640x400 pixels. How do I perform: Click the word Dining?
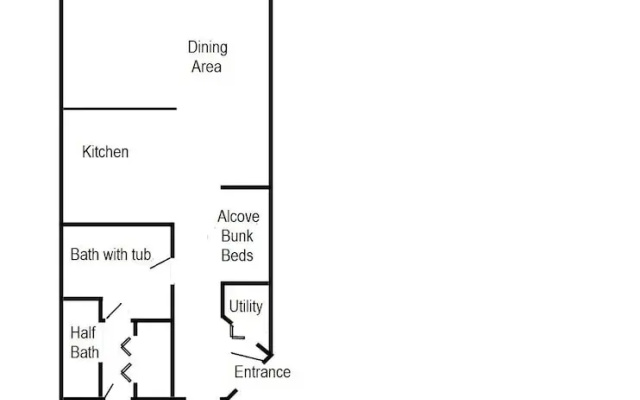click(207, 48)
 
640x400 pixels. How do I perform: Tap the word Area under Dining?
click(207, 67)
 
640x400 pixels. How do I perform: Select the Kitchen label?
click(105, 152)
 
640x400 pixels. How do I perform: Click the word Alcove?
click(238, 216)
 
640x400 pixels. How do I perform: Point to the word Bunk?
click(237, 236)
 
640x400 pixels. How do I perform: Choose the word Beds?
click(237, 256)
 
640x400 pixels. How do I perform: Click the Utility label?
click(246, 307)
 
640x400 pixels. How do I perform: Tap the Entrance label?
click(262, 372)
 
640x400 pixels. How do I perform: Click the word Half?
click(83, 333)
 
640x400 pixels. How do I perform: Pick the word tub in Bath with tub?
click(141, 255)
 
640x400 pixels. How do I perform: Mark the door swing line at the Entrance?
click(247, 357)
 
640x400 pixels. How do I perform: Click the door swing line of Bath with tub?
click(160, 263)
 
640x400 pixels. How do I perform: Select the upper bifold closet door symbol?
click(126, 347)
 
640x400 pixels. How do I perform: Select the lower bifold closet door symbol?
click(126, 373)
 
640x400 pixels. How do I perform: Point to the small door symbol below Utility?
click(236, 331)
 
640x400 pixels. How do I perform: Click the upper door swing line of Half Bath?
click(114, 311)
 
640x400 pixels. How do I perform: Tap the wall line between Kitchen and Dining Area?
click(119, 109)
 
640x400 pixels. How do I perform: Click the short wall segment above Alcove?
click(245, 187)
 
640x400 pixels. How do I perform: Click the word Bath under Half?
click(84, 352)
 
